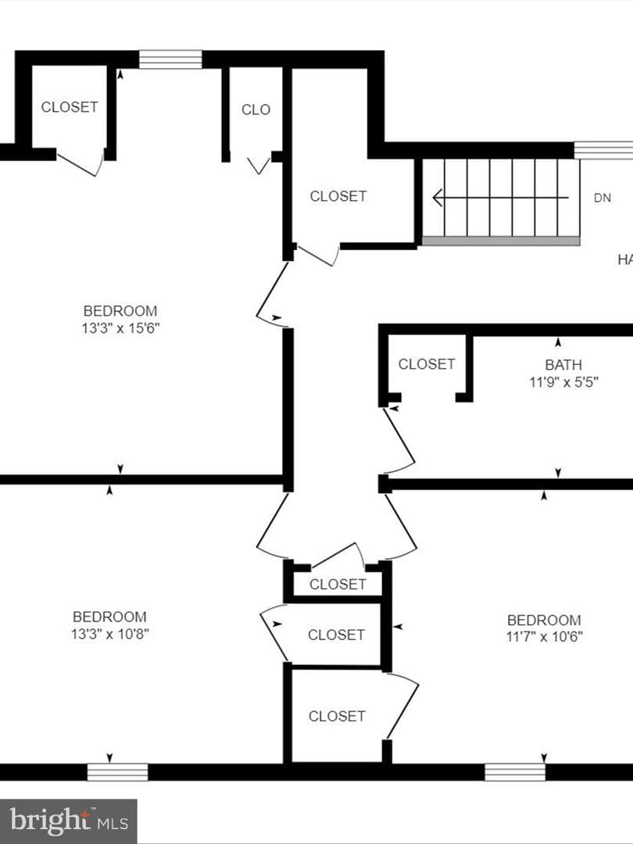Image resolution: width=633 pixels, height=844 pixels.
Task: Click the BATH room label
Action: (x=563, y=365)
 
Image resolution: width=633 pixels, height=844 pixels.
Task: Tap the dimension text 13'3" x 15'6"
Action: (x=120, y=327)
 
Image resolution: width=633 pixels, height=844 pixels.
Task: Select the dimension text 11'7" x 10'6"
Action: (x=544, y=637)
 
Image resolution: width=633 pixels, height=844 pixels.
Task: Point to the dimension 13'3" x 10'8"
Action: (x=110, y=634)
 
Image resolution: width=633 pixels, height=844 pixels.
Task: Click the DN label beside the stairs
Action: (x=603, y=198)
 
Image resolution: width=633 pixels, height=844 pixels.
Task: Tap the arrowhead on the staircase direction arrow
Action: (x=438, y=198)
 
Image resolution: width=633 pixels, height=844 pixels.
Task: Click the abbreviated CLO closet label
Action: (x=256, y=110)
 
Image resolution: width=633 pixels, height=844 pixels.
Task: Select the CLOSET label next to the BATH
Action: (x=427, y=364)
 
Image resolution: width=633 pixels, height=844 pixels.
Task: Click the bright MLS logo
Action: (x=68, y=821)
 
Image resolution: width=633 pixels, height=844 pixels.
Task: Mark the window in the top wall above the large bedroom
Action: (x=170, y=59)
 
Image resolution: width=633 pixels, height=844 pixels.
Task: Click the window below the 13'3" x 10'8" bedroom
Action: (x=117, y=772)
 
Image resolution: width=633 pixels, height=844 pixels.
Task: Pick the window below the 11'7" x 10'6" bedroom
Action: (x=514, y=772)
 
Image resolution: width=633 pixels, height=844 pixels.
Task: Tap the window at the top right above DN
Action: (x=603, y=150)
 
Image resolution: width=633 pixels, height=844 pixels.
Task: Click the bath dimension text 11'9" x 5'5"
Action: (x=563, y=382)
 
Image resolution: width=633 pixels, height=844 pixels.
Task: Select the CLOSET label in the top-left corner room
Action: (x=70, y=107)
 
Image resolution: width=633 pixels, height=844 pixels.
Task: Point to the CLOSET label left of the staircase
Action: (x=338, y=196)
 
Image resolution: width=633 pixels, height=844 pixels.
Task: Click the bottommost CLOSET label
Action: (x=337, y=717)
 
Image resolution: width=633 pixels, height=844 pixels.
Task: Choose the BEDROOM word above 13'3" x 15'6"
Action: (x=120, y=311)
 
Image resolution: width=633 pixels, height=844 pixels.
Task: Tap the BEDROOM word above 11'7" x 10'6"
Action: (x=544, y=620)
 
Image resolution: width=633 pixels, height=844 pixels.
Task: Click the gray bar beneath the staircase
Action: (x=501, y=241)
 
